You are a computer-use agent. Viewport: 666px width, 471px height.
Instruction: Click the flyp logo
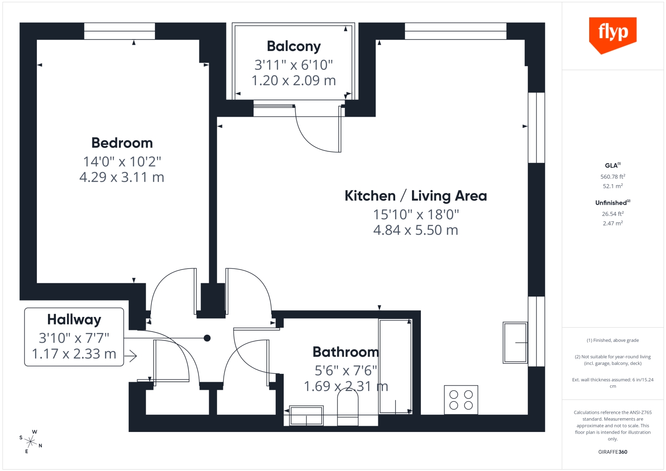[612, 35]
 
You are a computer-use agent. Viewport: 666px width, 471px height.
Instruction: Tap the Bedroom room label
[122, 143]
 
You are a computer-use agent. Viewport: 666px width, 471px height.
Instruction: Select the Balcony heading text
[294, 47]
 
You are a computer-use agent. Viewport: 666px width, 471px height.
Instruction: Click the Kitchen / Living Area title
[416, 196]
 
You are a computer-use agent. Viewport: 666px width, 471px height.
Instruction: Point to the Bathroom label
[346, 352]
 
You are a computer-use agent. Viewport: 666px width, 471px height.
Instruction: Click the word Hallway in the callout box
[74, 320]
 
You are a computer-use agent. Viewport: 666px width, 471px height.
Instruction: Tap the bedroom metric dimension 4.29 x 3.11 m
[122, 177]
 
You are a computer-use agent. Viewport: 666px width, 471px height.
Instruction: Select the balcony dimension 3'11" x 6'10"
[293, 65]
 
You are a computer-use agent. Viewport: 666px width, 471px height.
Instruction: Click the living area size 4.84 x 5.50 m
[416, 230]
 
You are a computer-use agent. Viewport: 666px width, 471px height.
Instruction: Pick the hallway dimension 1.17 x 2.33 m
[74, 354]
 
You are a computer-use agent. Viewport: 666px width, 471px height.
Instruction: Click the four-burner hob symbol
[461, 400]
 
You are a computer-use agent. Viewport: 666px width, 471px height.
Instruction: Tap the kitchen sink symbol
[515, 343]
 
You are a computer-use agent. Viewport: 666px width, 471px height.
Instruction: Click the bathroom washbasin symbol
[306, 416]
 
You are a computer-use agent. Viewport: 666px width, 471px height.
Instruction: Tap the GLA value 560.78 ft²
[612, 177]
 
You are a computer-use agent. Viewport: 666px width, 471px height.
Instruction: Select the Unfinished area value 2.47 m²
[612, 223]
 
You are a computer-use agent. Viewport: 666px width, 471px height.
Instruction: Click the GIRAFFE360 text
[612, 452]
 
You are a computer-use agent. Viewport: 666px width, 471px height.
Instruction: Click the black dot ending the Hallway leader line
[207, 338]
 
